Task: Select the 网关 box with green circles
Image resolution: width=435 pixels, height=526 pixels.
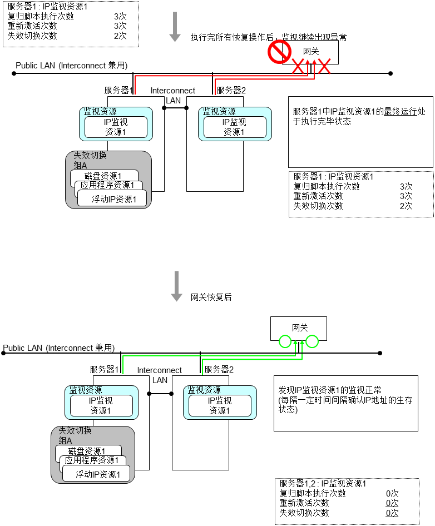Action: [x=298, y=329]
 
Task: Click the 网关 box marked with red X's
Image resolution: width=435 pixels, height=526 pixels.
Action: [x=311, y=51]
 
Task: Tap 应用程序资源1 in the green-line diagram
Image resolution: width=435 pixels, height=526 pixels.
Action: [x=92, y=460]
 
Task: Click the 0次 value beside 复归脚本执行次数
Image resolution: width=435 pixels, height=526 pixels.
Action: [x=392, y=493]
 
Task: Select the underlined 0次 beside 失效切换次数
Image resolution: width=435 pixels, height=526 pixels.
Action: [x=392, y=513]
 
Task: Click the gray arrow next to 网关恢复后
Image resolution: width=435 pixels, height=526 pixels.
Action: [x=177, y=286]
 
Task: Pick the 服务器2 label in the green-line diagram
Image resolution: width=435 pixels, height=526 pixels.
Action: [x=219, y=369]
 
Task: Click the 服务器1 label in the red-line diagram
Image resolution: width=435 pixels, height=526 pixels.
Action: [x=118, y=90]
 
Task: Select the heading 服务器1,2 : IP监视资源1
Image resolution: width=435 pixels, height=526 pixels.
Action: [x=323, y=484]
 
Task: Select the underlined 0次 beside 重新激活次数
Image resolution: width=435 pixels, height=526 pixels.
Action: [x=392, y=503]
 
